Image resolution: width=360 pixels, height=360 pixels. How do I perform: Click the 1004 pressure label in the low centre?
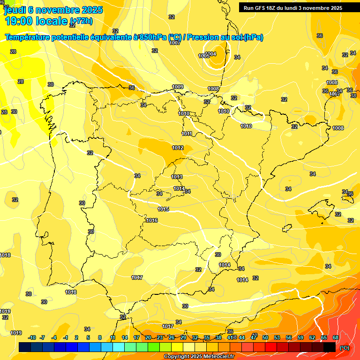(211, 54)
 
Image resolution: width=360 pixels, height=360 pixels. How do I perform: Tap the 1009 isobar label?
(178, 87)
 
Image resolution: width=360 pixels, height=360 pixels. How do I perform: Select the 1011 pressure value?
(187, 134)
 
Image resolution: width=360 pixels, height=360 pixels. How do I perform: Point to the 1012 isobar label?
(178, 148)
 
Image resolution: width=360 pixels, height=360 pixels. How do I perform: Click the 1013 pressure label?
(177, 177)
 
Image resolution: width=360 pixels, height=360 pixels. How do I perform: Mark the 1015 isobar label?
(163, 209)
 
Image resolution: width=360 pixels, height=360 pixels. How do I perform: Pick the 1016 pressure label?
(152, 220)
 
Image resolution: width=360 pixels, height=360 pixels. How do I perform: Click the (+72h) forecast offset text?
(81, 21)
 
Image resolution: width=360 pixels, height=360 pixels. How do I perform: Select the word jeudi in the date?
(15, 9)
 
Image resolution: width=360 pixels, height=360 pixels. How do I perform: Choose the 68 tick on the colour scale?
(336, 337)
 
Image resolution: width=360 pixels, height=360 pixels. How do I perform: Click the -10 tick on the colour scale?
(32, 337)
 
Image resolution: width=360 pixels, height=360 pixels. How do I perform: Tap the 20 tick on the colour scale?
(148, 337)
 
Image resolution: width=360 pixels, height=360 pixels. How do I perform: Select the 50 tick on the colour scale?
(265, 337)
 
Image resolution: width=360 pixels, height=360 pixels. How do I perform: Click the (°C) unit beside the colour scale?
(345, 348)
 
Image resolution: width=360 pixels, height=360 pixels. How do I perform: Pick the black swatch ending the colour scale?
(330, 347)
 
